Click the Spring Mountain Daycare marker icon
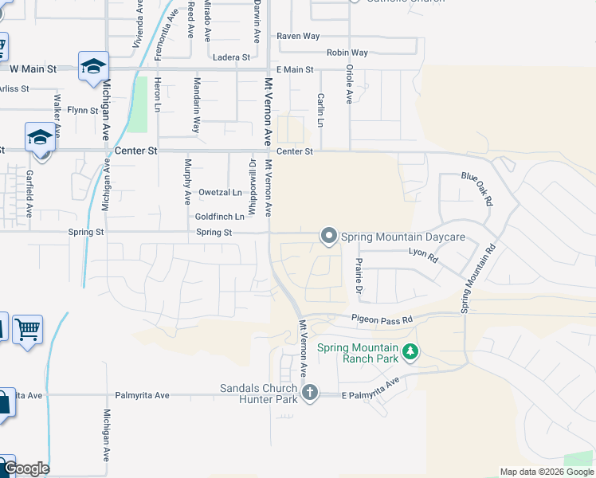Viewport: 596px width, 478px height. [x=328, y=236]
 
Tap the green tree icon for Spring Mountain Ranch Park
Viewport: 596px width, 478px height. [x=410, y=351]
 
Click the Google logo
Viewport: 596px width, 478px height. [x=25, y=468]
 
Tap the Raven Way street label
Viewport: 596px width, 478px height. [x=298, y=37]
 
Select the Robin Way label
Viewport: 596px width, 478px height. [x=347, y=53]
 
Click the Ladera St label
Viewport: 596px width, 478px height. [x=232, y=57]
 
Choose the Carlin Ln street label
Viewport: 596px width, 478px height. [x=320, y=110]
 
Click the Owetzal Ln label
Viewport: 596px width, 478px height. [x=220, y=192]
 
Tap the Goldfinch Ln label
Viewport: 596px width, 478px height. [x=219, y=216]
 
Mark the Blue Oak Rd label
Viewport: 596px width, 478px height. [x=477, y=189]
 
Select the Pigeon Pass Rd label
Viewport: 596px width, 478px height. [x=382, y=319]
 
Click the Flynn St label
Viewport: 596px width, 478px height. [x=82, y=111]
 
